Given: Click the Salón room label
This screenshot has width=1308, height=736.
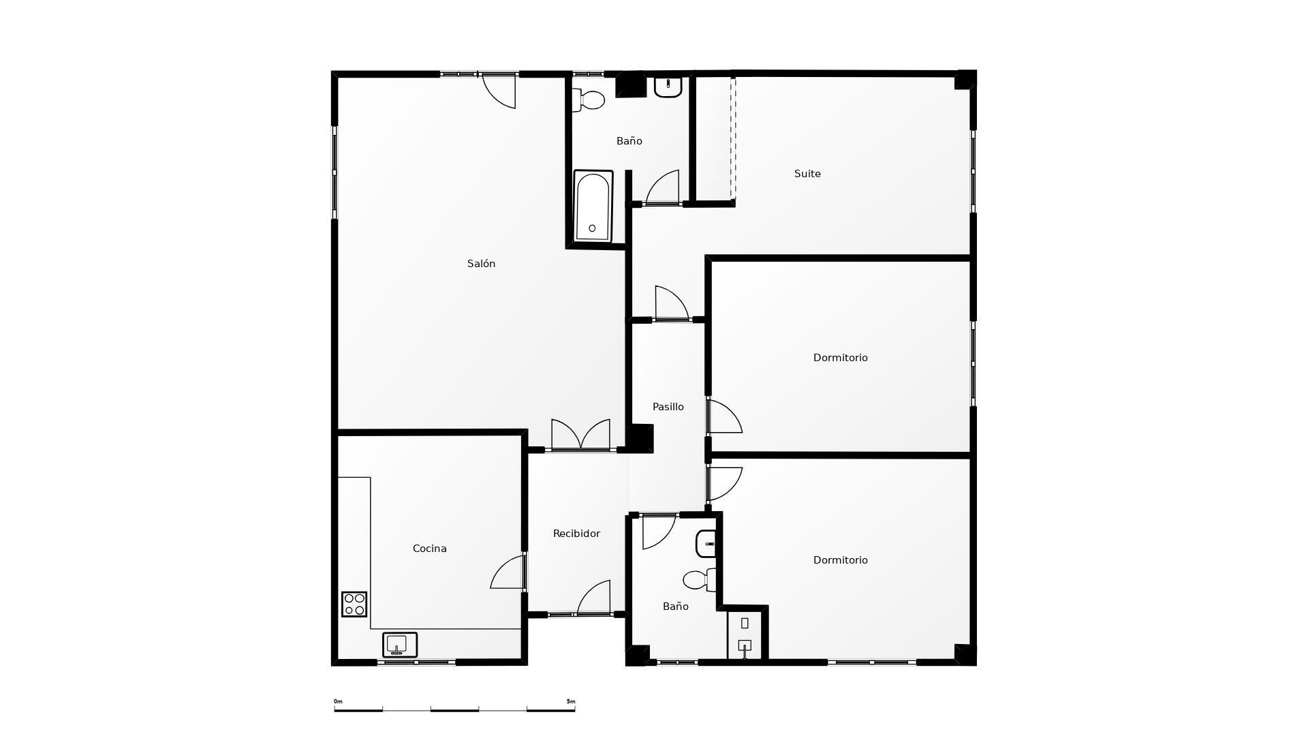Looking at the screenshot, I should point(481,264).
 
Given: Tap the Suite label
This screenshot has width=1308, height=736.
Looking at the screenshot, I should point(807,174).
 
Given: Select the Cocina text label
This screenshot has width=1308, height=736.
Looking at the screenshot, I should point(429,549).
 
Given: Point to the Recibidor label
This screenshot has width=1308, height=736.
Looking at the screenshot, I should point(576,534).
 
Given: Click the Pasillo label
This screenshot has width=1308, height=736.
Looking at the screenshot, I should point(668,407).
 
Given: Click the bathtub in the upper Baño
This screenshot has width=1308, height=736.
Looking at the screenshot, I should point(593,206).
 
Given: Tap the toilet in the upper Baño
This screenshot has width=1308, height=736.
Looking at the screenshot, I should point(589,100).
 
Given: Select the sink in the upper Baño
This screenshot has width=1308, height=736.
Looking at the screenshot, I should point(668,87).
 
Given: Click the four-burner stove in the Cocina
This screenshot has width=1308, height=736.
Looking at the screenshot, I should point(354,604).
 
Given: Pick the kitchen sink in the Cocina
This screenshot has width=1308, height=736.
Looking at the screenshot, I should point(399,644).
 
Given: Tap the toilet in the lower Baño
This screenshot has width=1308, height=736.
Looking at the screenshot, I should point(700,580).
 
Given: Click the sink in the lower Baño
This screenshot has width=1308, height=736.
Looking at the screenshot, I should point(706,544).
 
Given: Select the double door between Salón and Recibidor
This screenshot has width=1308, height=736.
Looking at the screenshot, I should point(580,436).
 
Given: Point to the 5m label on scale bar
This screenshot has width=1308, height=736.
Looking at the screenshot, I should point(570,701).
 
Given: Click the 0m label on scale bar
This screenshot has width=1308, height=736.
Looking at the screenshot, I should point(338,701).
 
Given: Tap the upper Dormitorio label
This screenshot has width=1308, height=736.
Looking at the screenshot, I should point(840,358).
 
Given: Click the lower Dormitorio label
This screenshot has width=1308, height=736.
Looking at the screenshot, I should point(840,560).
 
